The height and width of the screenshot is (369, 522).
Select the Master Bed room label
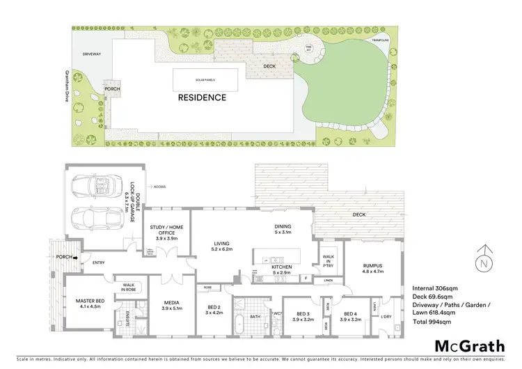point(89,303)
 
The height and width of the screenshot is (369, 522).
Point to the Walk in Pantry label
point(329,262)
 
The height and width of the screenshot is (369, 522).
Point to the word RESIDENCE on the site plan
point(203,97)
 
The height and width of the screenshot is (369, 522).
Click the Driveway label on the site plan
point(92,53)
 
